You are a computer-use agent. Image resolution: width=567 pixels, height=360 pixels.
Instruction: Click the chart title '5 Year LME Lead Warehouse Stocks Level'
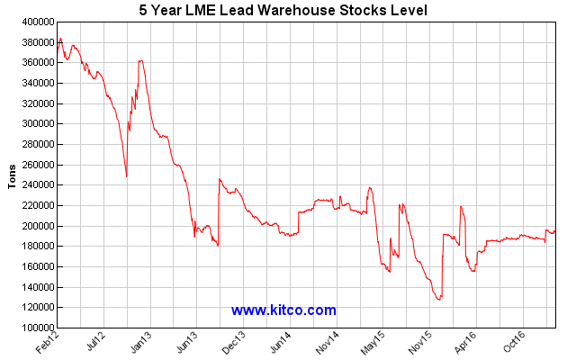(283, 10)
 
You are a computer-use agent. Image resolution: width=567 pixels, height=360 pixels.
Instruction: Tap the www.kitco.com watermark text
(283, 310)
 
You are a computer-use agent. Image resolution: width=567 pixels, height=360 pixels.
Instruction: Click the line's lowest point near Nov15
(438, 299)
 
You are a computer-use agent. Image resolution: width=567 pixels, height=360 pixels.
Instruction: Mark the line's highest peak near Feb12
(60, 38)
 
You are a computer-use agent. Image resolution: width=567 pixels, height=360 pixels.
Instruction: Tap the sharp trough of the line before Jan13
(127, 176)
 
